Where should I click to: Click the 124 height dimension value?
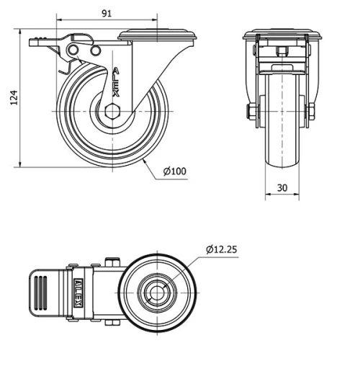(x=9, y=99)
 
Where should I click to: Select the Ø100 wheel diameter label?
(x=174, y=171)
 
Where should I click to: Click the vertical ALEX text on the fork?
(x=116, y=84)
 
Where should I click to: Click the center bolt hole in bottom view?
(x=157, y=292)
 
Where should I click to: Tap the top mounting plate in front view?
(x=282, y=36)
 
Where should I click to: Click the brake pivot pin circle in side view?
(x=73, y=49)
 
